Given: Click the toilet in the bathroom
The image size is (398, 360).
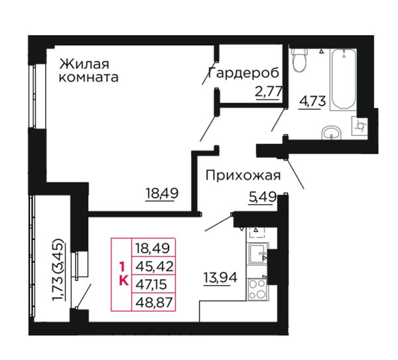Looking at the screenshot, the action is [x=299, y=60].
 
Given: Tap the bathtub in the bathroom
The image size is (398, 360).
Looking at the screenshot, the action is [x=344, y=79].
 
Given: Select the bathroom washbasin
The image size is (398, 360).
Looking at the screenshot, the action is [x=331, y=133].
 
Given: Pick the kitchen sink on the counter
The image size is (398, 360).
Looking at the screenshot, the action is [x=257, y=254].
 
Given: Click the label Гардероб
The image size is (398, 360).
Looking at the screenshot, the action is [x=243, y=73].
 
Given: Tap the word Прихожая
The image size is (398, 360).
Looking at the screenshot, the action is [x=243, y=175].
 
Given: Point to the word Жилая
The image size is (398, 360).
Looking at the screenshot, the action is [x=84, y=64].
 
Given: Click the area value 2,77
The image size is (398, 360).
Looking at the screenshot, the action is [x=269, y=92].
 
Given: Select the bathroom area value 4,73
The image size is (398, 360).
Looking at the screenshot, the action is [x=312, y=102].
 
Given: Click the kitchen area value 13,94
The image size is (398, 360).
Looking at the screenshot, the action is [x=220, y=278].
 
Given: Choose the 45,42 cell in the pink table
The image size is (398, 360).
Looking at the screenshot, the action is [x=154, y=266].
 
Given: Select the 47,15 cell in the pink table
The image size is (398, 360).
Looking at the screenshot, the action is [x=154, y=284].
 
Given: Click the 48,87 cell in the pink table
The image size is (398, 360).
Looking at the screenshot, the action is [x=154, y=302].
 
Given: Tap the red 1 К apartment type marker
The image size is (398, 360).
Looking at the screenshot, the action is [x=123, y=274].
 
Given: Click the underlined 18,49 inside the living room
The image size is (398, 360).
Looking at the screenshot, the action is [x=162, y=194].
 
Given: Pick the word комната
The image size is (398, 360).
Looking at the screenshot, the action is [x=89, y=77].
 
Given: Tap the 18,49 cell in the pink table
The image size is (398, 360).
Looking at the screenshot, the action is [x=154, y=247].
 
